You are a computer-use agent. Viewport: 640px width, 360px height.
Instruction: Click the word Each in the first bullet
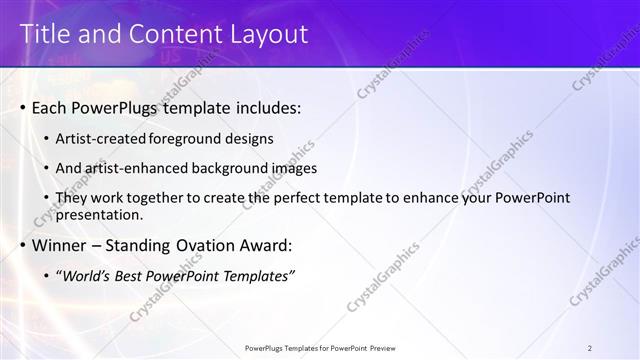[50, 107]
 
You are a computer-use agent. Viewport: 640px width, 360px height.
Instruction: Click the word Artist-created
[102, 139]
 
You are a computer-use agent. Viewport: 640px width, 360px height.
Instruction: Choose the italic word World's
[86, 275]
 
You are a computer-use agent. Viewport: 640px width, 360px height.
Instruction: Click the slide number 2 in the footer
[590, 348]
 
